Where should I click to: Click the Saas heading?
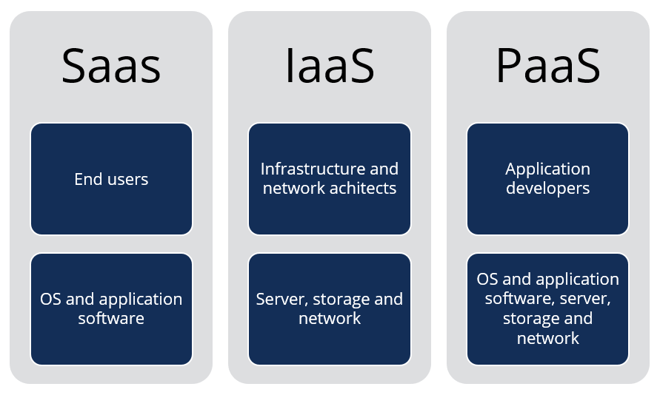111,66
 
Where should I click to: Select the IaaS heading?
330,66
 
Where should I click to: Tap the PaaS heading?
547,66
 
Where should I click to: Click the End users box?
111,179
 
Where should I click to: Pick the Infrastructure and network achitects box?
330,179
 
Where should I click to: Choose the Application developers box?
547,179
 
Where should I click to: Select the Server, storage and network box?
330,309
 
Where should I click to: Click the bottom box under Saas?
111,309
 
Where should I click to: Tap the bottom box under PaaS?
547,309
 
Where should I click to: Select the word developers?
547,189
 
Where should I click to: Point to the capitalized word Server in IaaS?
282,300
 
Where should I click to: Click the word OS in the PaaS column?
488,280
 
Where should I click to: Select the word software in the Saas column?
111,319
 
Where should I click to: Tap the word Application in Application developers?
547,169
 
